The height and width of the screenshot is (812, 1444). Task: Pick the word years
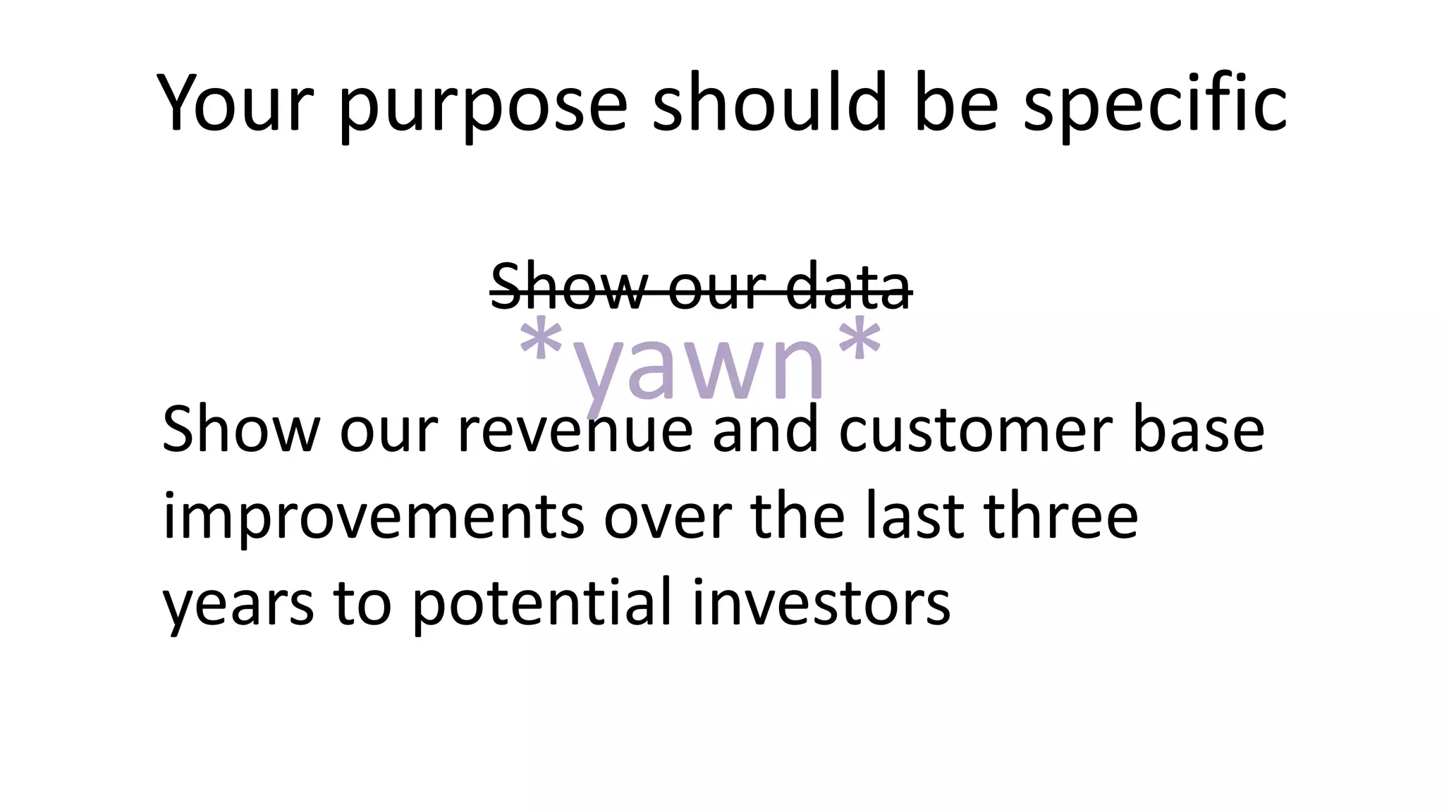coord(238,605)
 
